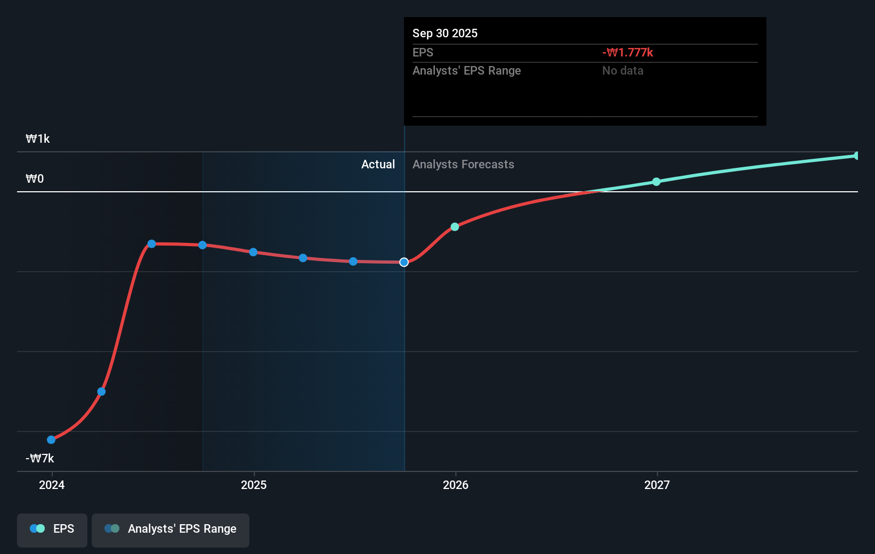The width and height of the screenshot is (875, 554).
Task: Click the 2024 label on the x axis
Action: (x=52, y=485)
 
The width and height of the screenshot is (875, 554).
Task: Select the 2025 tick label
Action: (x=254, y=485)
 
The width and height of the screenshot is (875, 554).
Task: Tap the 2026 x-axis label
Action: (x=456, y=485)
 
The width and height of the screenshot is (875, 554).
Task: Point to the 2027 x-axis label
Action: (x=657, y=485)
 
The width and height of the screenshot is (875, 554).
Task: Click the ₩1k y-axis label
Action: (x=38, y=139)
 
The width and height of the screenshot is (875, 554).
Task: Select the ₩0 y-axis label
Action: (x=35, y=179)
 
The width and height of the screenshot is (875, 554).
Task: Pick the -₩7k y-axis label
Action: (x=40, y=458)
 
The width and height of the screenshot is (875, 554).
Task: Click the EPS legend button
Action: (x=52, y=529)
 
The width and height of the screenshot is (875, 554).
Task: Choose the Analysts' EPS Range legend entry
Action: (x=171, y=529)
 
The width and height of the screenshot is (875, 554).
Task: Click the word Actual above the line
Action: (x=378, y=165)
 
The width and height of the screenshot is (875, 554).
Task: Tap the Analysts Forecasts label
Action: (x=463, y=165)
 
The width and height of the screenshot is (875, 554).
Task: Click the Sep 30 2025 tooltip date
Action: (x=445, y=34)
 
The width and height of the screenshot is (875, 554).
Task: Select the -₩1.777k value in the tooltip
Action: (x=628, y=53)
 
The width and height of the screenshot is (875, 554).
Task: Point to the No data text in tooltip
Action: (x=622, y=71)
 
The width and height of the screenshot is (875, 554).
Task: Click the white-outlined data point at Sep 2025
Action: (x=404, y=262)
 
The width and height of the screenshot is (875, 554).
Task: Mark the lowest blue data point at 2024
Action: (x=51, y=439)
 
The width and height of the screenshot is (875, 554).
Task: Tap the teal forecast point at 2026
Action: (x=455, y=227)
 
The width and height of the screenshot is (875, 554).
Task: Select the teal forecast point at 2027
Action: (x=657, y=182)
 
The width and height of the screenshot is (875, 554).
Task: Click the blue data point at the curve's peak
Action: (x=152, y=244)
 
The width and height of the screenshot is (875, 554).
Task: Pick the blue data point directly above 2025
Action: (x=253, y=252)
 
